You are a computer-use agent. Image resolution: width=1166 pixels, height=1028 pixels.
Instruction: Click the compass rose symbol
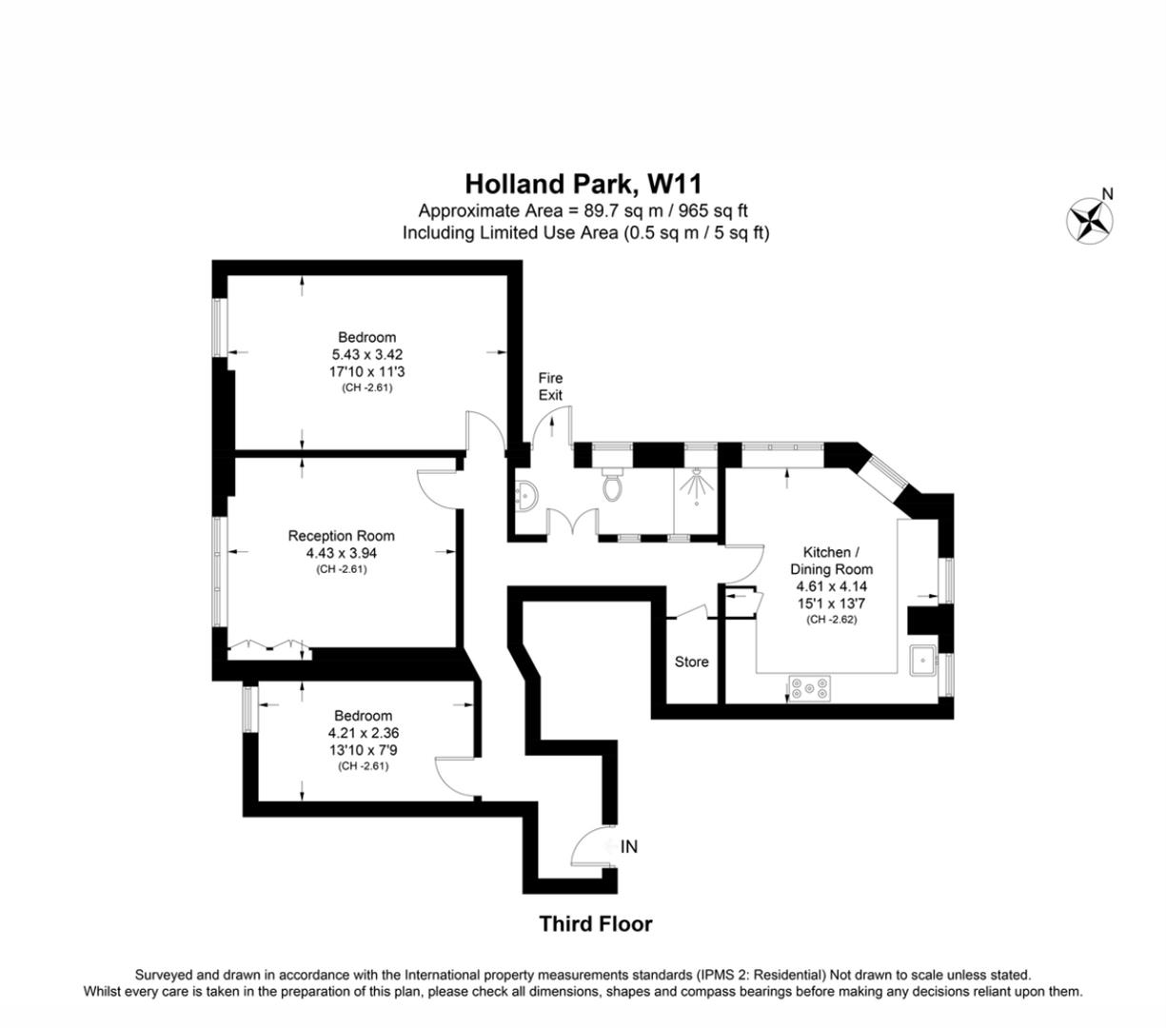[1090, 219]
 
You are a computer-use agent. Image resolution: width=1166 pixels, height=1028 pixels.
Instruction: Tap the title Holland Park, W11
[583, 183]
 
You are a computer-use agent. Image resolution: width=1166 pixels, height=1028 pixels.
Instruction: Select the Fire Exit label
[550, 386]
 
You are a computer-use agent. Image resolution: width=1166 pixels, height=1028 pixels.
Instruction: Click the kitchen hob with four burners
[809, 686]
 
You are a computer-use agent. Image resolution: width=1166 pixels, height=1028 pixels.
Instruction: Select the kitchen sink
[922, 659]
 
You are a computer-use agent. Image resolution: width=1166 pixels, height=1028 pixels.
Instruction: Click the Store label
[691, 662]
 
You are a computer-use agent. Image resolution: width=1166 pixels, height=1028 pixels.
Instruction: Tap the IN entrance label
[629, 846]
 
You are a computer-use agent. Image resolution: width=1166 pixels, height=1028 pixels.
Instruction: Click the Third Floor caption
[596, 923]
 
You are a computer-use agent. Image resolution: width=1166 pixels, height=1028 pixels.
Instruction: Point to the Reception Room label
[341, 536]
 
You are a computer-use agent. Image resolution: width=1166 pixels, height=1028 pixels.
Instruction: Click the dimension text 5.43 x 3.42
[366, 354]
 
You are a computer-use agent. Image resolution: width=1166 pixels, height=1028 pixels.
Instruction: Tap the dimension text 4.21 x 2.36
[363, 733]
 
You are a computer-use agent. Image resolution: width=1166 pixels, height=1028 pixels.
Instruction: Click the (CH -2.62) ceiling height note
[832, 620]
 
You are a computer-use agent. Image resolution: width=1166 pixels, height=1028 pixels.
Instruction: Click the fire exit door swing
[552, 424]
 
